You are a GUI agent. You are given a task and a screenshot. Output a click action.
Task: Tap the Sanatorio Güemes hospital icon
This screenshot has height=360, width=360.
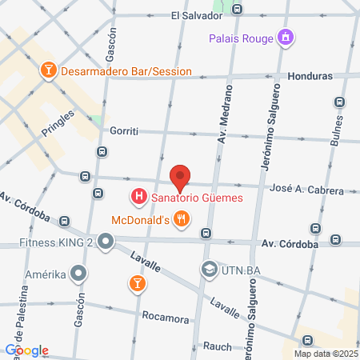pyautogui.click(x=138, y=195)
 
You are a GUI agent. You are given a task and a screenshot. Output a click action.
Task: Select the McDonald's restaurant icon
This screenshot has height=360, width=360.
pyautogui.click(x=182, y=218)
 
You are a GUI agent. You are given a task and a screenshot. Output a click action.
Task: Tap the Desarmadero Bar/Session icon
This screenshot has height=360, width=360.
pyautogui.click(x=48, y=70)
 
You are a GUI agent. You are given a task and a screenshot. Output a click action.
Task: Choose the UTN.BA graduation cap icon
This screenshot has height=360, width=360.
pyautogui.click(x=209, y=268)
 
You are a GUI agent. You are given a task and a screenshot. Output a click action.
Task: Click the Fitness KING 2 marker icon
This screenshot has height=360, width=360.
pyautogui.click(x=106, y=242)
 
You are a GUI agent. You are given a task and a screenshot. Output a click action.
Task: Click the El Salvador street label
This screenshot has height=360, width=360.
pyautogui.click(x=196, y=15)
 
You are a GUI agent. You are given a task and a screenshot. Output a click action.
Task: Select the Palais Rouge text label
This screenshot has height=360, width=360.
pyautogui.click(x=240, y=37)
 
